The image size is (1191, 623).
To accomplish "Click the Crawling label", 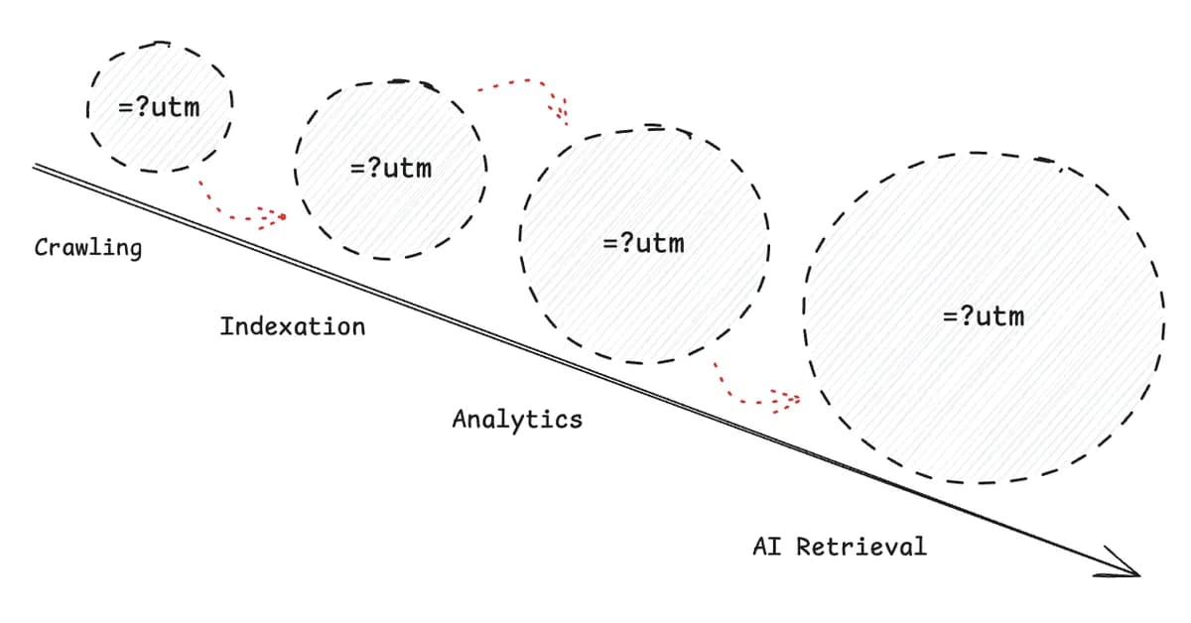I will [87, 247].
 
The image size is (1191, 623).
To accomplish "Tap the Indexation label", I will [292, 325].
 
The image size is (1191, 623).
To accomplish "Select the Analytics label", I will [517, 419].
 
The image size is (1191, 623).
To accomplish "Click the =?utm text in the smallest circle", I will [159, 106].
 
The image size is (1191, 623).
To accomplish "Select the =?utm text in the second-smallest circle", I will [391, 168].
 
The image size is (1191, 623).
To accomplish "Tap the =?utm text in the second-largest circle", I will [643, 243].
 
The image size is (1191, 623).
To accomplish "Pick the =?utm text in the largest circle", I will [983, 316].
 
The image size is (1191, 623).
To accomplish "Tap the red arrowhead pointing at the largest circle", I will [788, 400].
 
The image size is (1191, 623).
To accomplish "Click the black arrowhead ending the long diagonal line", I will [1129, 570].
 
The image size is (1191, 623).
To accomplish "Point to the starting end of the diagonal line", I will [36, 166].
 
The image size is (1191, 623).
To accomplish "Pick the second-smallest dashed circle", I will [391, 213].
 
